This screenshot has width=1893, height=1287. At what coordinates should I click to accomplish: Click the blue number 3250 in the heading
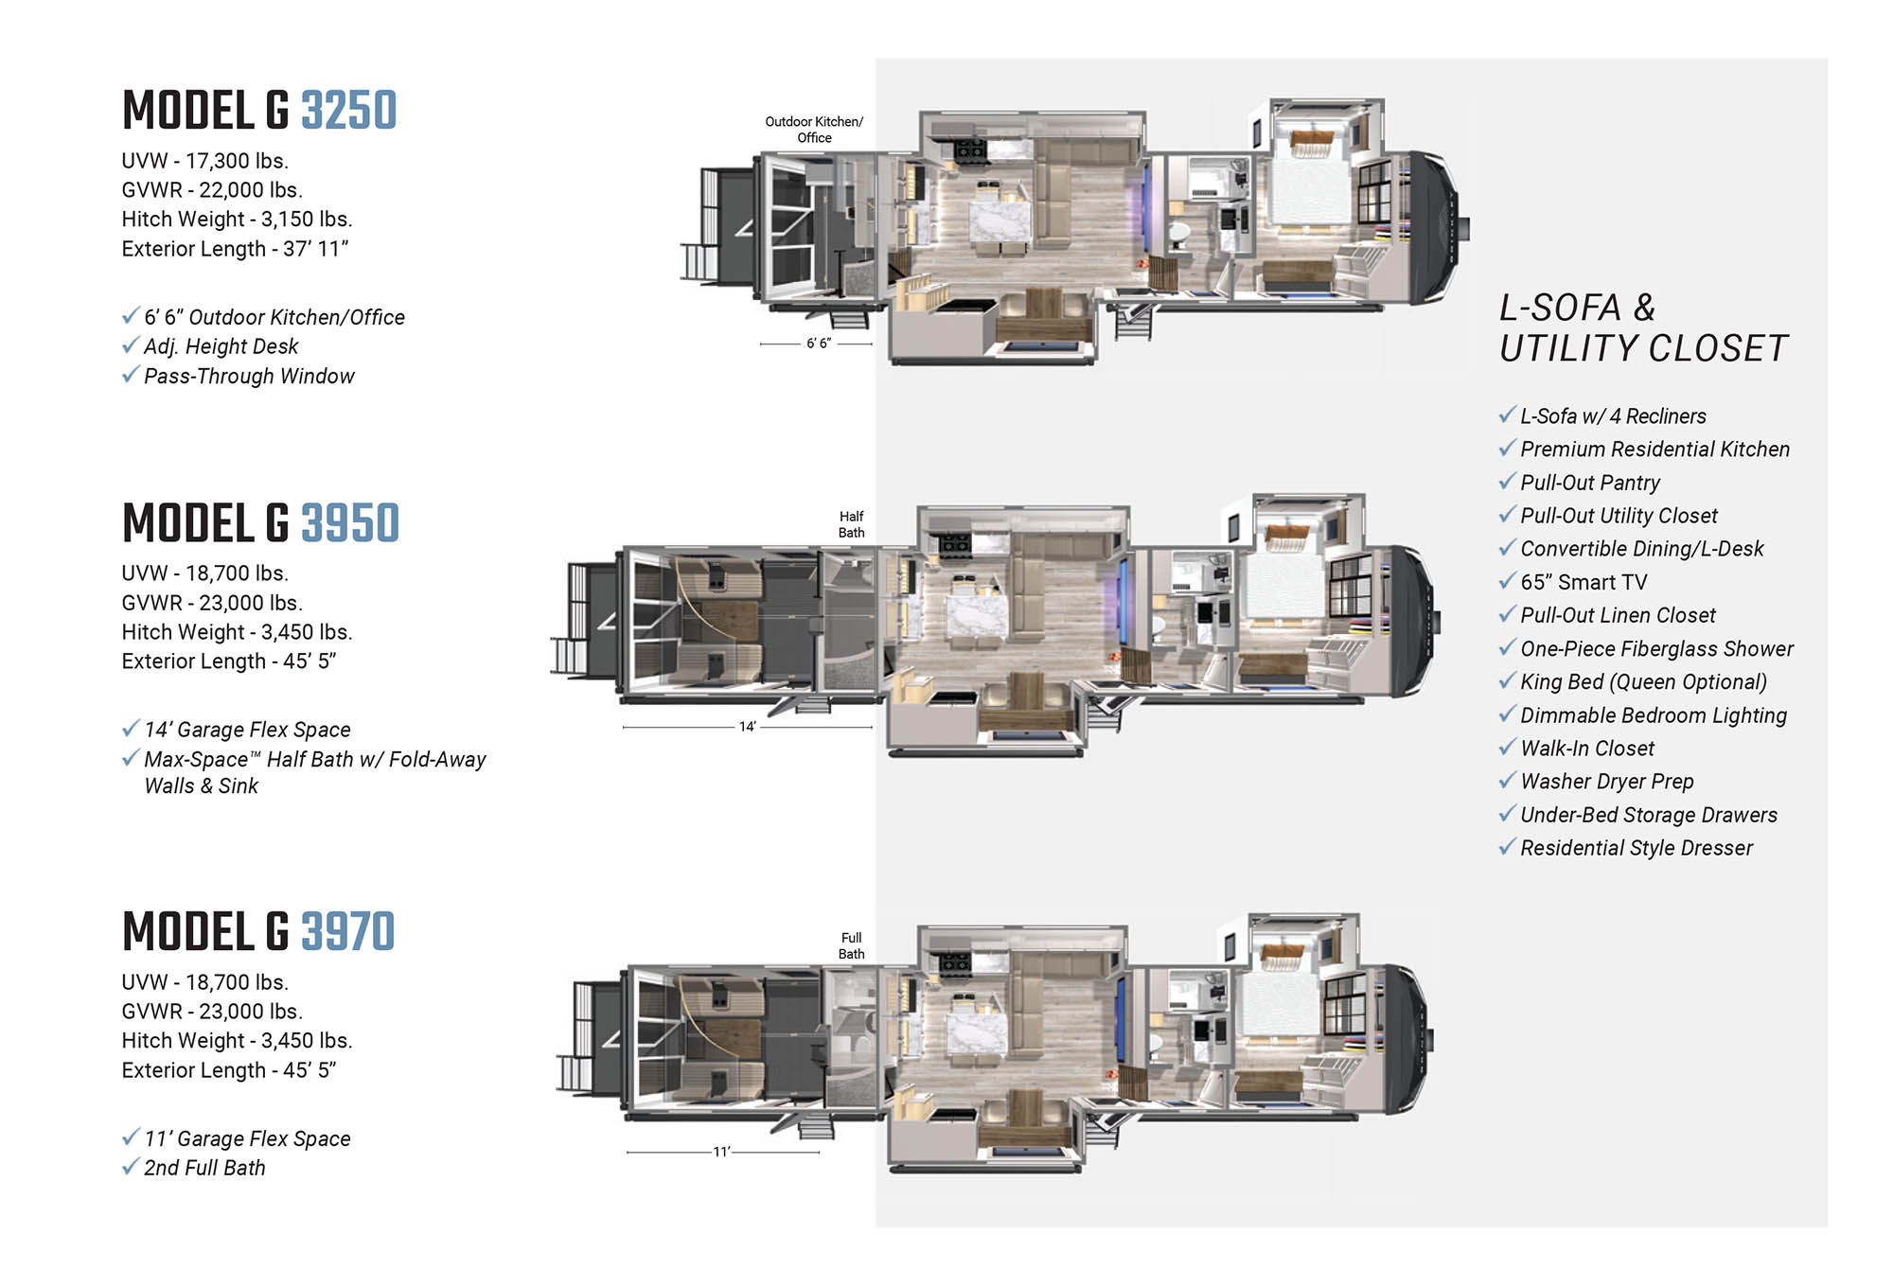coord(349,110)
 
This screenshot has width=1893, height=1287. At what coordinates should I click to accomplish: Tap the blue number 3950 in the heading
coord(350,523)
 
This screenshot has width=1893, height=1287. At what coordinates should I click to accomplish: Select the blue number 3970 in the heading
coord(348,931)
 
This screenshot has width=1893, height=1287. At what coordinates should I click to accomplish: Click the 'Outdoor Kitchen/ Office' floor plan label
coord(814,130)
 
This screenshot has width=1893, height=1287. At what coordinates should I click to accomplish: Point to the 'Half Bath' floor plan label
coord(851,524)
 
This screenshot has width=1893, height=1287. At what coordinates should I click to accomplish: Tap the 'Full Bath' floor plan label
coord(851,945)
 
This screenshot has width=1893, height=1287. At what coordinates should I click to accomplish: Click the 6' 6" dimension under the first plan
coord(818,344)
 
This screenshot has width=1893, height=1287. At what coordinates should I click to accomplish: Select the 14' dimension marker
coord(748,727)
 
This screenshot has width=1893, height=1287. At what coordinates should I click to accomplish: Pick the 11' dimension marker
coord(721,1152)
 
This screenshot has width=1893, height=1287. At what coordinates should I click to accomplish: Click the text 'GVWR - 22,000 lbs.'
coord(212,190)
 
